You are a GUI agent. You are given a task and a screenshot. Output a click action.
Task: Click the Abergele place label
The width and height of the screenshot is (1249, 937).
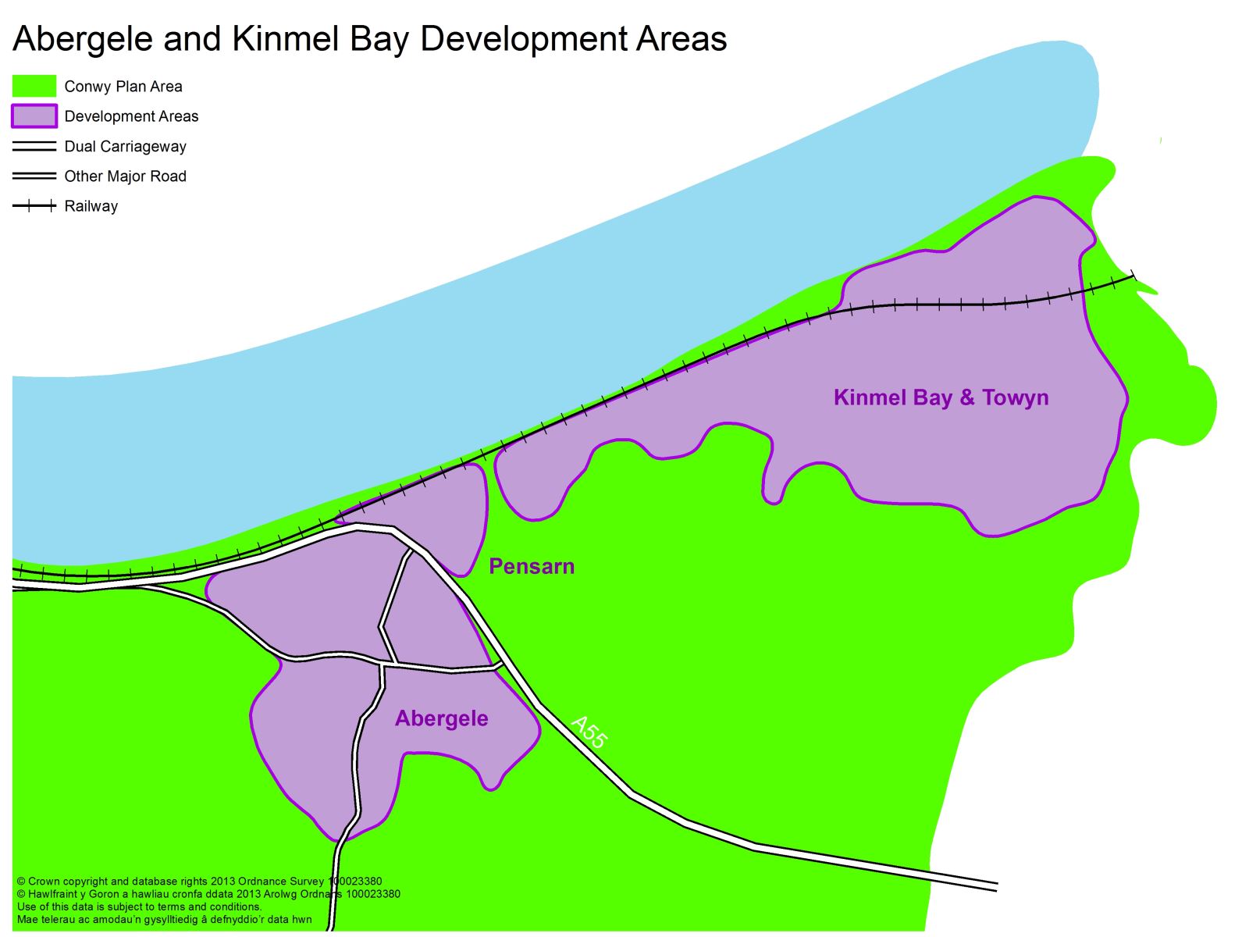[x=441, y=718]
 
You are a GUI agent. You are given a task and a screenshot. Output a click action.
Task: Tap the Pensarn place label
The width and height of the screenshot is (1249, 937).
[x=532, y=566]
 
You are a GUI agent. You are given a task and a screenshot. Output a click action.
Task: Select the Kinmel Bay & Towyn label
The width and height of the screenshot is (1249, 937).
[x=941, y=397]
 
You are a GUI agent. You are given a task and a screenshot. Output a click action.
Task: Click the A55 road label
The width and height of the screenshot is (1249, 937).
[x=589, y=732]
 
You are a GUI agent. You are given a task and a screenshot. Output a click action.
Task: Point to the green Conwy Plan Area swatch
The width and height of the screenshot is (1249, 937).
[x=34, y=86]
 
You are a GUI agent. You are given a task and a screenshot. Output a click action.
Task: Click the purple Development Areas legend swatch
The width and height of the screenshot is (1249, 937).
[x=34, y=116]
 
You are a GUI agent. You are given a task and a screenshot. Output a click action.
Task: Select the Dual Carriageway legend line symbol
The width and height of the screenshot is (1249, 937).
[x=34, y=147]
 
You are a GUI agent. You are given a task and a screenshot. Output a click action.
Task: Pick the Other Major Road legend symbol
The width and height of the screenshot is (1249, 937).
[x=34, y=176]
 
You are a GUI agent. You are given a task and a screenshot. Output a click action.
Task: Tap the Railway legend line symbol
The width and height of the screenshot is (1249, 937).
[x=34, y=206]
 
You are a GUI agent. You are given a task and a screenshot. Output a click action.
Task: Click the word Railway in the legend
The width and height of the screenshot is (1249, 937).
[x=91, y=206]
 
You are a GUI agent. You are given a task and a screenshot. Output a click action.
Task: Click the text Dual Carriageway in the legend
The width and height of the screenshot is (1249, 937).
[x=125, y=147]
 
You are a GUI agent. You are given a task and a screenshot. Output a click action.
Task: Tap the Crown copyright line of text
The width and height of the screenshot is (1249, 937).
[x=199, y=882]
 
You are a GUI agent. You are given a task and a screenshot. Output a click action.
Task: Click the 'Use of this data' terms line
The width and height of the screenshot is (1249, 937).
[x=139, y=907]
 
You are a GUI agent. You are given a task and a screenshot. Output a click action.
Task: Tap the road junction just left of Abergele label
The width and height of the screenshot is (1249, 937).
[x=383, y=665]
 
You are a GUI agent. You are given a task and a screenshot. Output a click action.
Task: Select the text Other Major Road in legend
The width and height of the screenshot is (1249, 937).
[x=125, y=176]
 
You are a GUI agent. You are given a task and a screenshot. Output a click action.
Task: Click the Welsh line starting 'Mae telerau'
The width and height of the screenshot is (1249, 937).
[x=164, y=919]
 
